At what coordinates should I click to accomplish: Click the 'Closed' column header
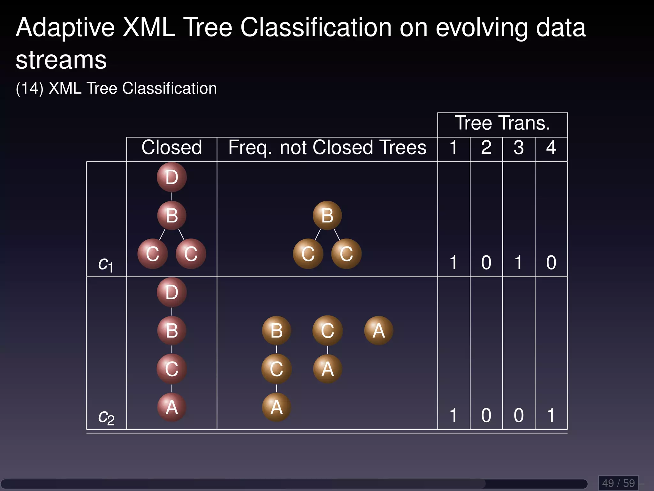171,148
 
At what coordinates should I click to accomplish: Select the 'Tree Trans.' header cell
502,123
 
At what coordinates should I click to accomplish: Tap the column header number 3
519,148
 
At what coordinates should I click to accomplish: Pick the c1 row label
105,264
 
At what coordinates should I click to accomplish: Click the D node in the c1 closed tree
171,177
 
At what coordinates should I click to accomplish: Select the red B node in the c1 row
171,215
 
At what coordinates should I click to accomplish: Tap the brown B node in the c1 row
327,215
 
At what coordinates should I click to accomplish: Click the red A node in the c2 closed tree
171,407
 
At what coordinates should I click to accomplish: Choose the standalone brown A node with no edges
378,331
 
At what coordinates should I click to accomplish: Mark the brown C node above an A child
327,331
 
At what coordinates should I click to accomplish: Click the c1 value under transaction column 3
518,263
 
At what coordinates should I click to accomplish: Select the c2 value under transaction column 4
551,416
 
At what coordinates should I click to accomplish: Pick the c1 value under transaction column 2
486,263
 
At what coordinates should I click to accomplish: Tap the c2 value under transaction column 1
453,416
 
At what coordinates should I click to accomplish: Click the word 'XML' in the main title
149,27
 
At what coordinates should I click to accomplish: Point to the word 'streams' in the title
61,60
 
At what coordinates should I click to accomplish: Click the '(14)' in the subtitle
29,89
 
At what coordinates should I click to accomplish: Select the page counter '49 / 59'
618,483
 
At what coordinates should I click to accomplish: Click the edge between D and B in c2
172,311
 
